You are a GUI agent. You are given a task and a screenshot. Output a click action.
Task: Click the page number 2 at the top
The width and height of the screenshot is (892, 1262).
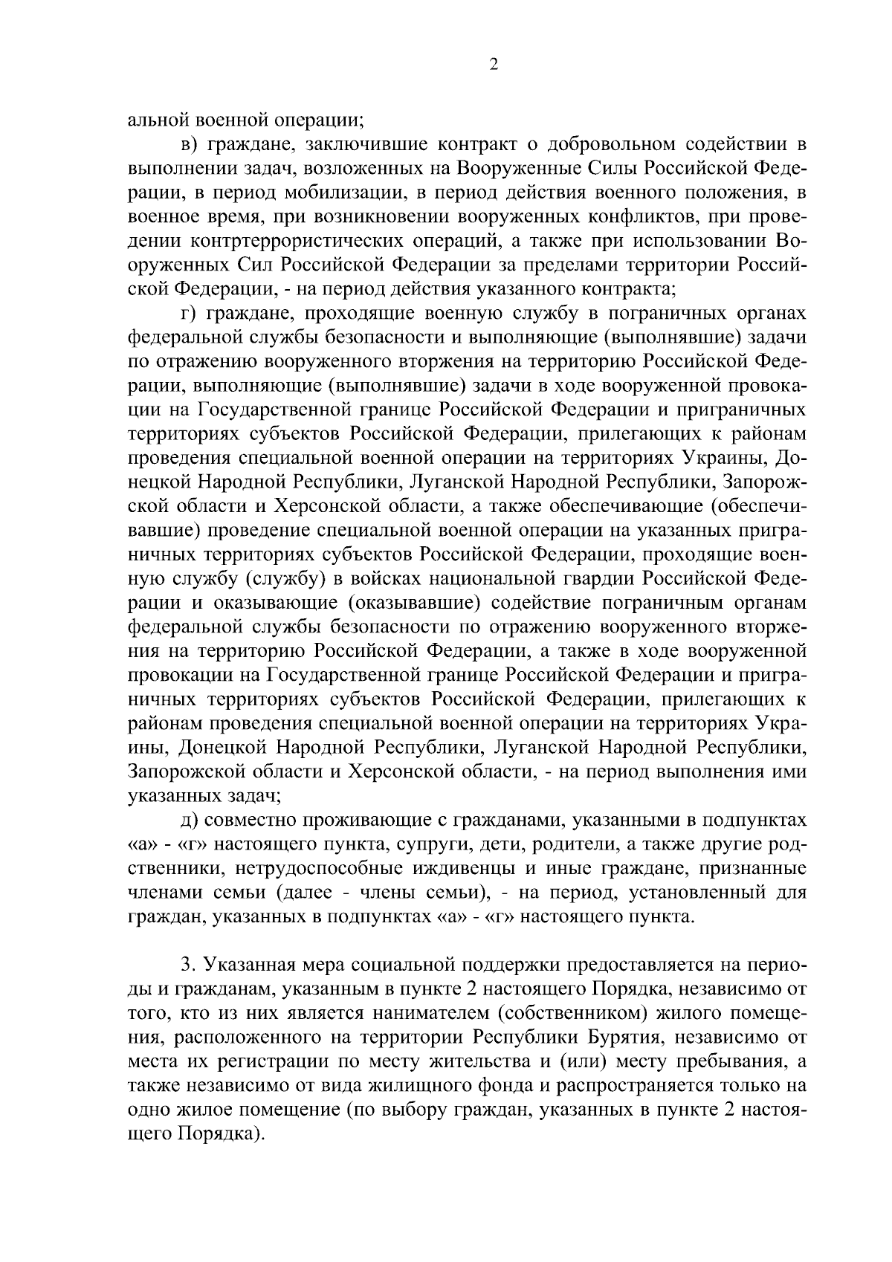pyautogui.click(x=494, y=65)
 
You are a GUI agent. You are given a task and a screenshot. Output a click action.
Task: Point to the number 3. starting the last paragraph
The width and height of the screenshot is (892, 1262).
pyautogui.click(x=189, y=965)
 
